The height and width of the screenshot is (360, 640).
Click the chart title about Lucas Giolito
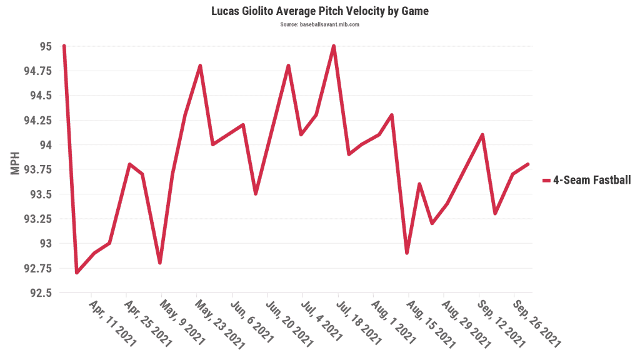(x=319, y=11)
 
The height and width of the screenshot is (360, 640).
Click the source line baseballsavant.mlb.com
(x=319, y=24)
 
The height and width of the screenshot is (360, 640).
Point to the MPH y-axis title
(x=16, y=164)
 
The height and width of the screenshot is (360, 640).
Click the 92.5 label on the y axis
(x=40, y=292)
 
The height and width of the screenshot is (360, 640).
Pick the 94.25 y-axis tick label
(x=37, y=120)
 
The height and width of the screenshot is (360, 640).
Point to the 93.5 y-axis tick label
(x=40, y=194)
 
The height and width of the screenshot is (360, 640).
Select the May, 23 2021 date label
(x=218, y=322)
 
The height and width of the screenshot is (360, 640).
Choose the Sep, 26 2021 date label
(x=536, y=322)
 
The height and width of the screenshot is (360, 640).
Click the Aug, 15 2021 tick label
(x=430, y=322)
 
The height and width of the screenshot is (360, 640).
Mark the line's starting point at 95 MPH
(x=64, y=46)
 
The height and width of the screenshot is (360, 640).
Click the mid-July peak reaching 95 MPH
(x=334, y=46)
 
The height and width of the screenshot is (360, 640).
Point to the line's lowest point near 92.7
(x=77, y=272)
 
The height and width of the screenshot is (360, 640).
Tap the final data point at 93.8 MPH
(x=528, y=164)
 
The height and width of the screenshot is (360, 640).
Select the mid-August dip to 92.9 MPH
(x=407, y=252)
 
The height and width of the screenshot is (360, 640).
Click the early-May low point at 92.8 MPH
(x=160, y=262)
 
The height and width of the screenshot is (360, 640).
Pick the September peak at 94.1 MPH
(x=482, y=135)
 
